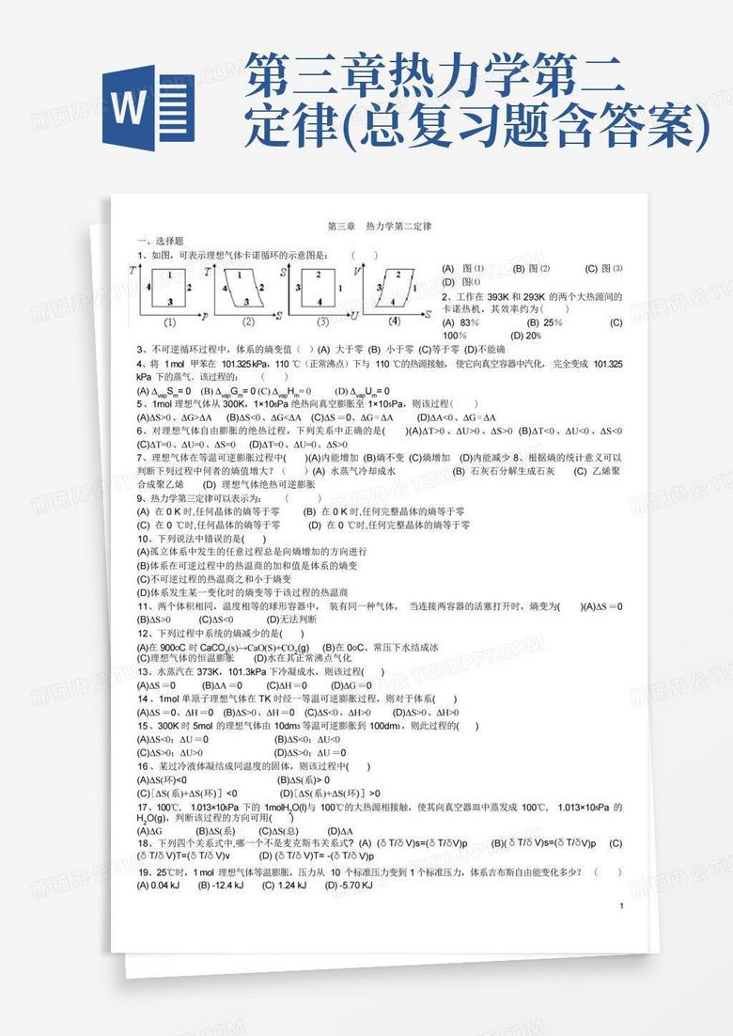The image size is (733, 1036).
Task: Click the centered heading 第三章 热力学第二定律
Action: [x=379, y=227]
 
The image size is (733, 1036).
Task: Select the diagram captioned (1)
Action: [x=170, y=289]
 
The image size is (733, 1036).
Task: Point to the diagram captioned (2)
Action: [x=248, y=289]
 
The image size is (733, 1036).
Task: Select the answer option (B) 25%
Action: [x=537, y=322]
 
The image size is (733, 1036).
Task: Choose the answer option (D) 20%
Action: [x=525, y=336]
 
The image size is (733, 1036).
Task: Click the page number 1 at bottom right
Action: [x=622, y=905]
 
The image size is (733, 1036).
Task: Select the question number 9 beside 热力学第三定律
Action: [x=140, y=498]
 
